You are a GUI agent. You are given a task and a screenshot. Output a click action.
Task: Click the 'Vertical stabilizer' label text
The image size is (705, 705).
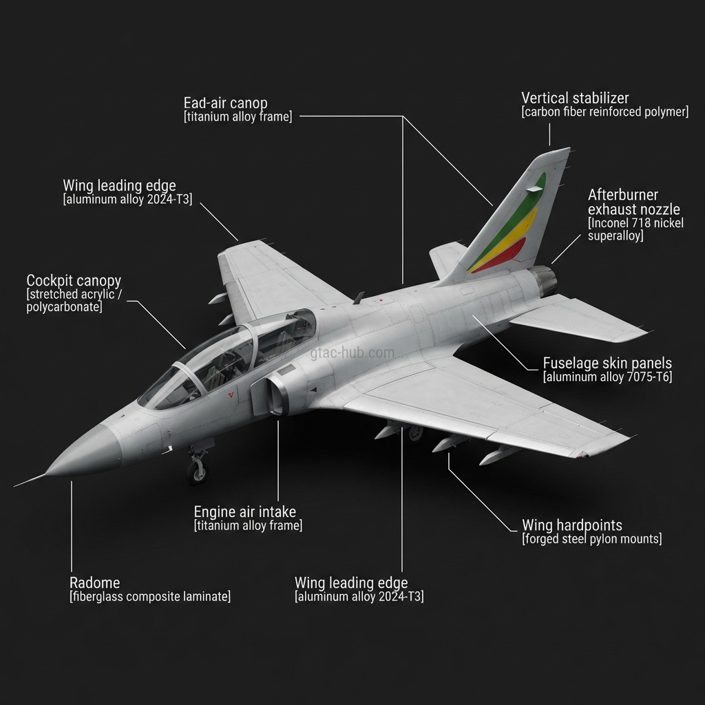click(575, 98)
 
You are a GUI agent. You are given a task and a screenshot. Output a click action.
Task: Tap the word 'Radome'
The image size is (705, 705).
click(95, 582)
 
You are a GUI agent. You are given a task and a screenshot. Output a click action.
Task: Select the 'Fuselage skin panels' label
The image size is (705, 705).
click(607, 363)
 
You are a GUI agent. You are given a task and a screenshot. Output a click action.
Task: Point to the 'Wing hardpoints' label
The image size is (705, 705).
click(572, 525)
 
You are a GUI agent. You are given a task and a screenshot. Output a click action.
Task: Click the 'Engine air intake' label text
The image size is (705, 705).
click(245, 512)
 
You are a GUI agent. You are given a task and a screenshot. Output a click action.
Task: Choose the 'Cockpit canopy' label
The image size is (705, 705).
click(74, 280)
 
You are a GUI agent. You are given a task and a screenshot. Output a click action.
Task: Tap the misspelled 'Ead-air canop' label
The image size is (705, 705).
click(225, 103)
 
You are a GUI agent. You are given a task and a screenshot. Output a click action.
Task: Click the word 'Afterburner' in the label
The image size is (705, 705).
click(623, 195)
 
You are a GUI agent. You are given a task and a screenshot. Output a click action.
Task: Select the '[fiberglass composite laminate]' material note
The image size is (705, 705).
click(150, 597)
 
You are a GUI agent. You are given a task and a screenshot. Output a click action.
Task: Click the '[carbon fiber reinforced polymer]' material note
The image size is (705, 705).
click(605, 112)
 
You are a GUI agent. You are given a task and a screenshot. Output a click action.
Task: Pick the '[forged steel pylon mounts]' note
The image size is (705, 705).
click(592, 539)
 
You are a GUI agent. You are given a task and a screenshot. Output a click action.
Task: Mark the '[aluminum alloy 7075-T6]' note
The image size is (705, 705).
click(607, 377)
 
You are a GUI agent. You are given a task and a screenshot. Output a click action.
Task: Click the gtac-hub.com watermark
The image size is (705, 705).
click(352, 353)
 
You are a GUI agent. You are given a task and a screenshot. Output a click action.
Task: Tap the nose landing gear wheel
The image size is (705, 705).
click(197, 471)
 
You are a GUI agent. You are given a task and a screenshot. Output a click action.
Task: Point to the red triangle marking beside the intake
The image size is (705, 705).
click(231, 395)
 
